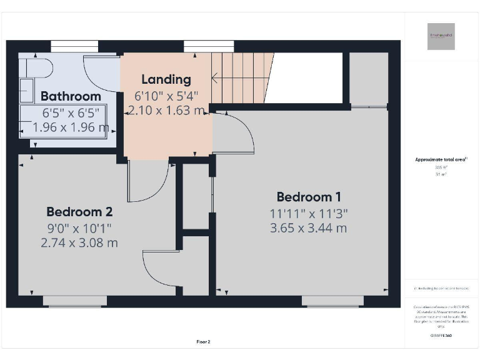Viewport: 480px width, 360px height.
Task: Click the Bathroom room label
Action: point(71,96)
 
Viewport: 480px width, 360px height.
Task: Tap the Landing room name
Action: point(166,79)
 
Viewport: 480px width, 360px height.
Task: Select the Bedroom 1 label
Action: point(308,197)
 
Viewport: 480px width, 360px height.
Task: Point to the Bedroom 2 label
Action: point(79,211)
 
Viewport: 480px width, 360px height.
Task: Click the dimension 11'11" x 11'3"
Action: point(308,213)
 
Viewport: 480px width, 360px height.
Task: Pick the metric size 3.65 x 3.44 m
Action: point(308,228)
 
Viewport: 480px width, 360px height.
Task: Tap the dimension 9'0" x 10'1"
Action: point(79,227)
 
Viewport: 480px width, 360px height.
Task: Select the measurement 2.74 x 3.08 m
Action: point(79,242)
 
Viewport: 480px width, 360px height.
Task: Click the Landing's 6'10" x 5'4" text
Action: point(166,96)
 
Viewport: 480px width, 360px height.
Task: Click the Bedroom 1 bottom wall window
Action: point(332,301)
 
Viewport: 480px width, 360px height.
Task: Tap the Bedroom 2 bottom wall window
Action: point(75,301)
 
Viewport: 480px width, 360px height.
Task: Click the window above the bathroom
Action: point(74,46)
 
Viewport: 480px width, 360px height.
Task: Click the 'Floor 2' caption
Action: point(204,342)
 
